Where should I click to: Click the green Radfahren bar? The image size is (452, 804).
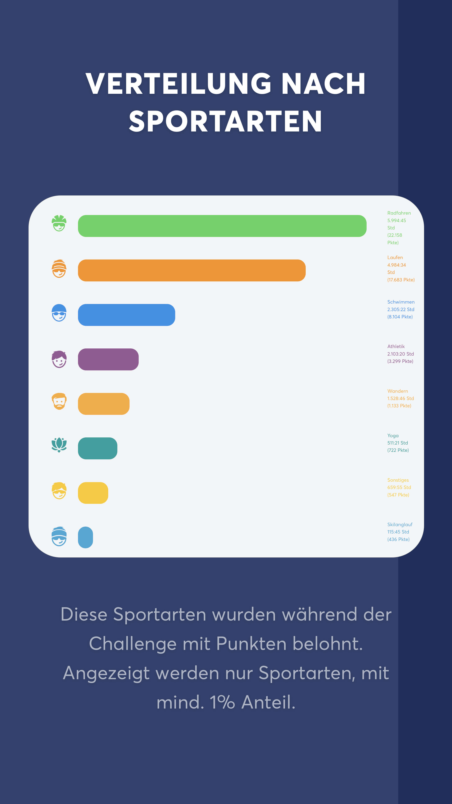pos(222,226)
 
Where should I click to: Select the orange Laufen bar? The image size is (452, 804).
pos(191,270)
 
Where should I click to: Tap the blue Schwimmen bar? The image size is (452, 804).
pos(126,315)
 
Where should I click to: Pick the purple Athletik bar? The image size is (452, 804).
pos(108,359)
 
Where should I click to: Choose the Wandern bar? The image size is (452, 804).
pos(104,404)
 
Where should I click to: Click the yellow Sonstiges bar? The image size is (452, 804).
pos(93,493)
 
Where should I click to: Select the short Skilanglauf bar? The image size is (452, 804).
pos(85,537)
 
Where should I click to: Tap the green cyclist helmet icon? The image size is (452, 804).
pos(59,223)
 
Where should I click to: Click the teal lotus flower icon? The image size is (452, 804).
pos(59,445)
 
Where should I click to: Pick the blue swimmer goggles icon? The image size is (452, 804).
pos(59,312)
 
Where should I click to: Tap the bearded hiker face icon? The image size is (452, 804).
pos(59,401)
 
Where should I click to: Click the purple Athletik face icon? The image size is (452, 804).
pos(59,359)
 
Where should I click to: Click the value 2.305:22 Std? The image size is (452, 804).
pos(401,309)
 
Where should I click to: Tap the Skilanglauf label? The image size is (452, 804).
pos(400,524)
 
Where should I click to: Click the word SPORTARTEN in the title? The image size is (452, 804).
pos(226,121)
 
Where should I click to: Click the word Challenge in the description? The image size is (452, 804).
pos(133,644)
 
